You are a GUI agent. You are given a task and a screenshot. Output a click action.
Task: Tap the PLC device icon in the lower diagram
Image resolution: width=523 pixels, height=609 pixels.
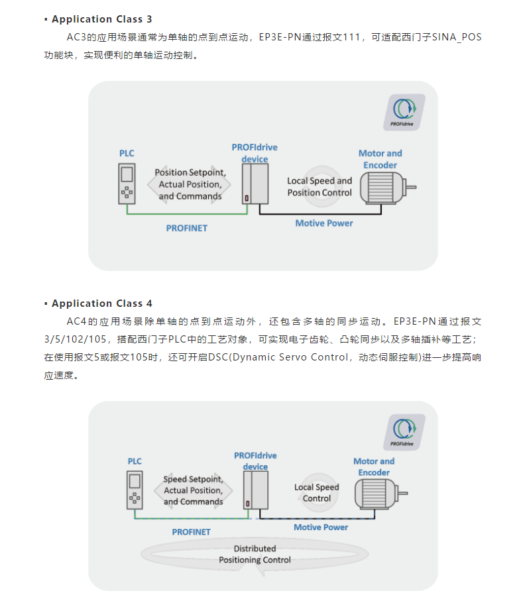tap(135, 490)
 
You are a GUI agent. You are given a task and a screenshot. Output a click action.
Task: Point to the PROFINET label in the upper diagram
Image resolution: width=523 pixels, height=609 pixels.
tap(186, 228)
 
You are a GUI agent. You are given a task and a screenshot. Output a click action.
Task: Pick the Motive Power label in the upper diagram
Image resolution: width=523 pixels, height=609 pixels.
tap(324, 223)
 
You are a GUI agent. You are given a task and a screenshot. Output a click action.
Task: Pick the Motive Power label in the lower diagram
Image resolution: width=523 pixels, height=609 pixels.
tap(321, 527)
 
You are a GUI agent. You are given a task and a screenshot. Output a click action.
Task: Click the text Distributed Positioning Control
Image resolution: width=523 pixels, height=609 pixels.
tap(255, 554)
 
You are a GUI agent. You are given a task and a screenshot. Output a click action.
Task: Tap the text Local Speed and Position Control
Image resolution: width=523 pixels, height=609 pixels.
tap(320, 186)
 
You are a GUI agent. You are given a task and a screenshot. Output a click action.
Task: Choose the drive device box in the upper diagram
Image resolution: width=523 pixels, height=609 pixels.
tap(255, 184)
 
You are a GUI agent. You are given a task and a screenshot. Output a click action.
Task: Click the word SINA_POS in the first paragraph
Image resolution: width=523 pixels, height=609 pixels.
tap(457, 37)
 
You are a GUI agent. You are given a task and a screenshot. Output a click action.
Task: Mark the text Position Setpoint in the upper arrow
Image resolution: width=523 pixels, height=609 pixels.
tap(190, 172)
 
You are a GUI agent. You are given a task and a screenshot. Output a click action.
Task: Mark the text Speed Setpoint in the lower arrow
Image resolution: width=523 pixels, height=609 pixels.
tap(193, 479)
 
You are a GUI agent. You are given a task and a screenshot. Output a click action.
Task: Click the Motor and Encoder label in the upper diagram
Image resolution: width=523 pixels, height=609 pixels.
tap(380, 159)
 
